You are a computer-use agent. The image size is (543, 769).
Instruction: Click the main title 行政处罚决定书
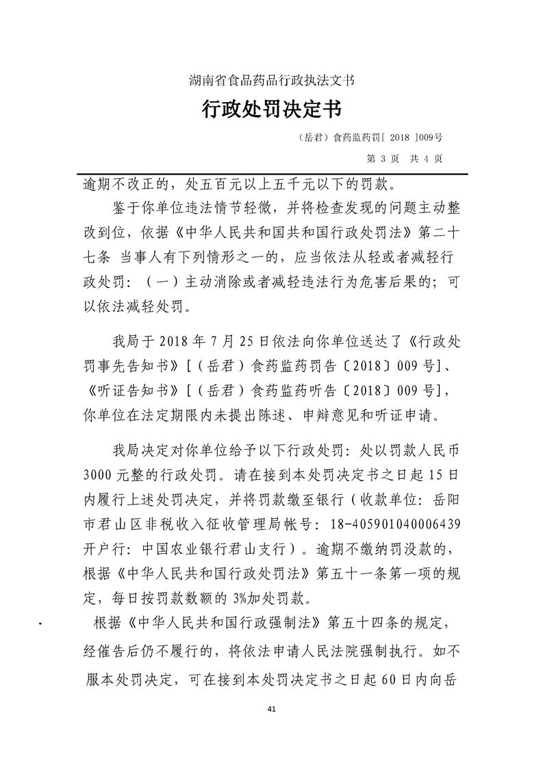[271, 108]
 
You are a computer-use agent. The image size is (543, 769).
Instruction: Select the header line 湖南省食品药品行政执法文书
[271, 80]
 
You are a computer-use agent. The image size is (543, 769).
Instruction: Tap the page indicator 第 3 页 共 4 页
[405, 158]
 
